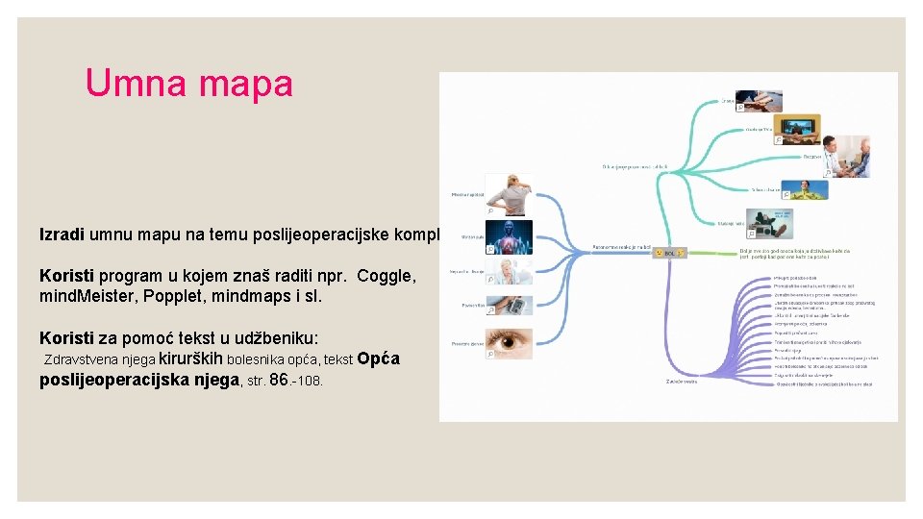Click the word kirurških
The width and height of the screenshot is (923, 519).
click(x=190, y=359)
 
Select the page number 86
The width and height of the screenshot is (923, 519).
click(x=280, y=380)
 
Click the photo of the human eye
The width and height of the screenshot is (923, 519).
click(x=509, y=343)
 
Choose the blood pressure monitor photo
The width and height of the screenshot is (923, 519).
click(x=509, y=306)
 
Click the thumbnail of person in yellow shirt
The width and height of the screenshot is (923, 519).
click(x=805, y=189)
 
